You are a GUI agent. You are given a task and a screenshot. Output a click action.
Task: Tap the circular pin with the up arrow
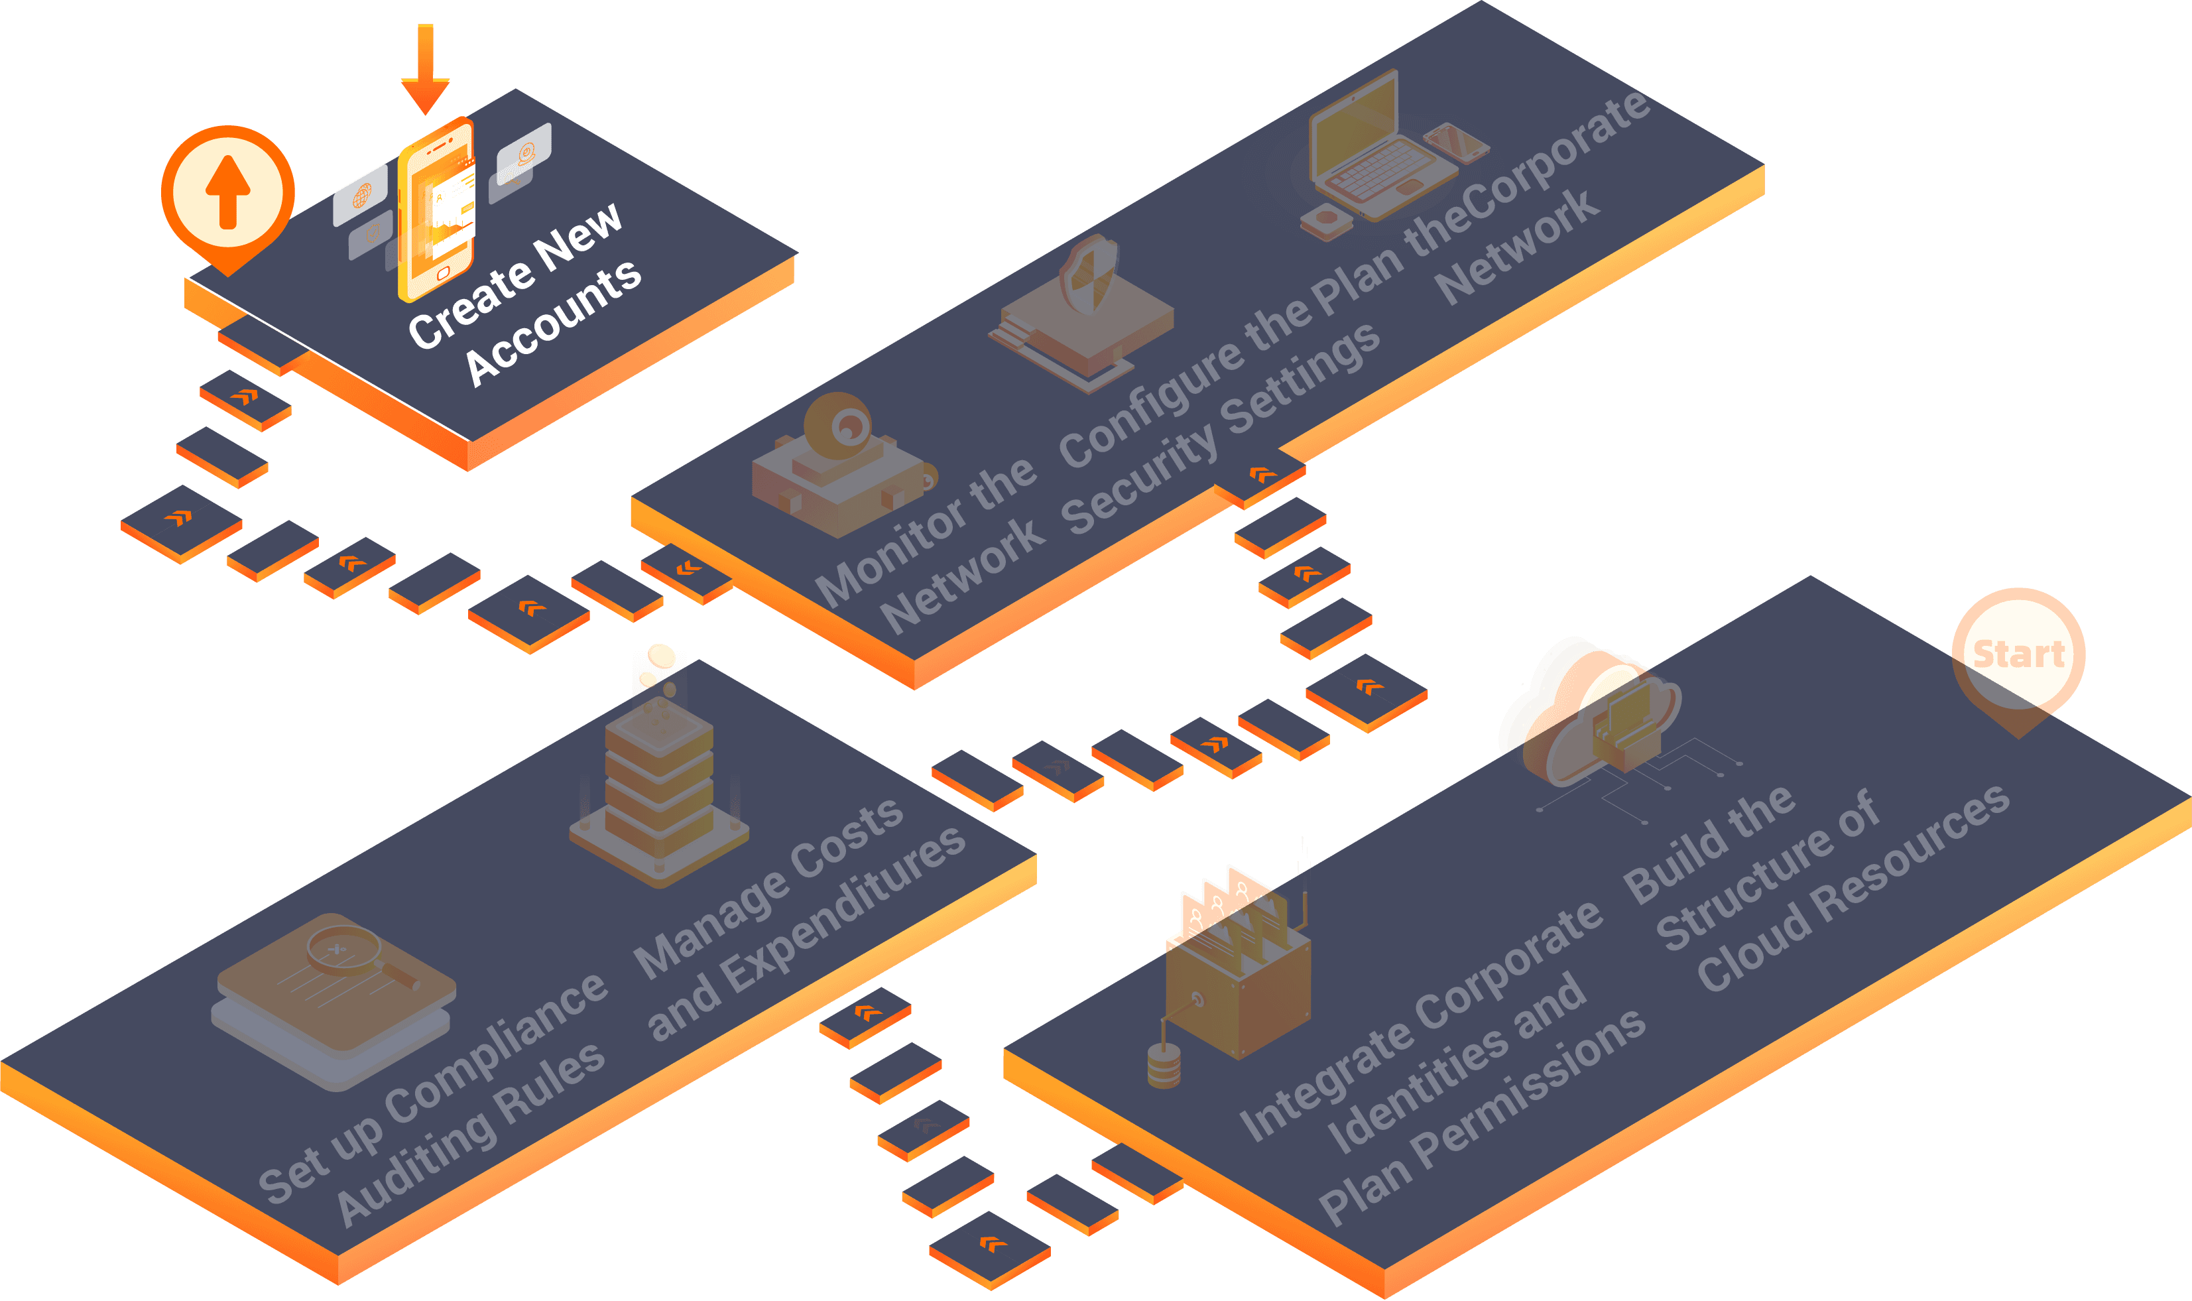(228, 192)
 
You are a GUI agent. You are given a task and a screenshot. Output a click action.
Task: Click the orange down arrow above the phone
(425, 70)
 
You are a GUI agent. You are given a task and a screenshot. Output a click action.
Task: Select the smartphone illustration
(436, 210)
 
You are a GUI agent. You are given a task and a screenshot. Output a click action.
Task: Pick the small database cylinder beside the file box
(1163, 1065)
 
